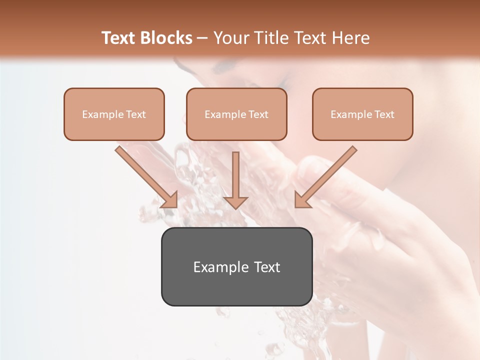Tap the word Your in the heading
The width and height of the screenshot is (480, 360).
(230, 38)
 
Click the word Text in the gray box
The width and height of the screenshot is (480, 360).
(266, 267)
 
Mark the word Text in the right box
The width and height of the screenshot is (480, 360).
(384, 114)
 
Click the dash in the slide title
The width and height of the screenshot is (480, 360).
(202, 38)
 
